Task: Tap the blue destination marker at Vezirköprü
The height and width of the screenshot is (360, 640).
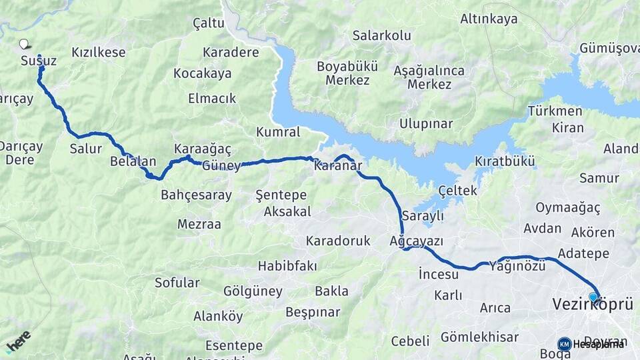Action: [x=593, y=297]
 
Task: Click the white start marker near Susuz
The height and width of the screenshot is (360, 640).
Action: [x=24, y=44]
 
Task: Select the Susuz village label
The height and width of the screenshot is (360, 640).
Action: [x=38, y=61]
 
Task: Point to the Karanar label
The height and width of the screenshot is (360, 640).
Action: [x=338, y=165]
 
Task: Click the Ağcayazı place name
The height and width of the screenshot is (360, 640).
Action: [x=417, y=241]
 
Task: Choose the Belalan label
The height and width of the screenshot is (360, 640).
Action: [x=133, y=161]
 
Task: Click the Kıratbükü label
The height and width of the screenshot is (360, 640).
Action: [x=505, y=161]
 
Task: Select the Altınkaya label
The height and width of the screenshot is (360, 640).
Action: [x=489, y=19]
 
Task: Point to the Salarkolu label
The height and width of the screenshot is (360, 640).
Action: [x=382, y=35]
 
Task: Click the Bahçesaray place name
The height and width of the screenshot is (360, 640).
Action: [x=196, y=195]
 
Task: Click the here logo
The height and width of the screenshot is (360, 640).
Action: [x=19, y=341]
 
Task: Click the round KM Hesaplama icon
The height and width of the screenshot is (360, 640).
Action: [x=564, y=344]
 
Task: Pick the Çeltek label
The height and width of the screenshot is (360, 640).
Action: [x=457, y=191]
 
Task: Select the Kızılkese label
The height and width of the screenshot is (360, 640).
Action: [x=99, y=52]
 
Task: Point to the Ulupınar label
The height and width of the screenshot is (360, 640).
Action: [x=426, y=123]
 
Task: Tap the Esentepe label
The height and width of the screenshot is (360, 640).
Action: [x=234, y=345]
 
